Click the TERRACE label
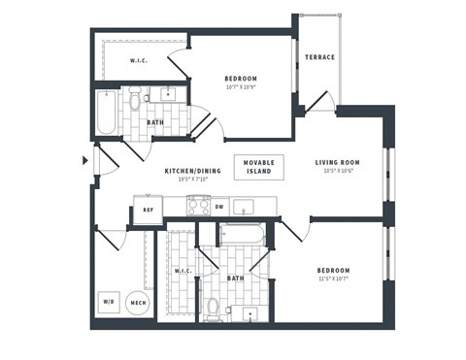(319, 57)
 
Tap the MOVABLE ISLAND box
(258, 166)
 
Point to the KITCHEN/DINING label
(199, 171)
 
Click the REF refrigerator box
(149, 209)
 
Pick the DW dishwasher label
(219, 207)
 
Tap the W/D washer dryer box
(108, 302)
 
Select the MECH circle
(137, 302)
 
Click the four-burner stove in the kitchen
(198, 205)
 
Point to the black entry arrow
(85, 160)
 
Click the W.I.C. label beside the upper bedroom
(139, 62)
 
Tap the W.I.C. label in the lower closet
(181, 271)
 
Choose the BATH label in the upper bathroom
(155, 122)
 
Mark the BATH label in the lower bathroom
(236, 278)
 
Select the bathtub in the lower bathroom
(241, 234)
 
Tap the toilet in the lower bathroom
(213, 307)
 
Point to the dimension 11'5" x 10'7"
(333, 280)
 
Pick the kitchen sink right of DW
(247, 206)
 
